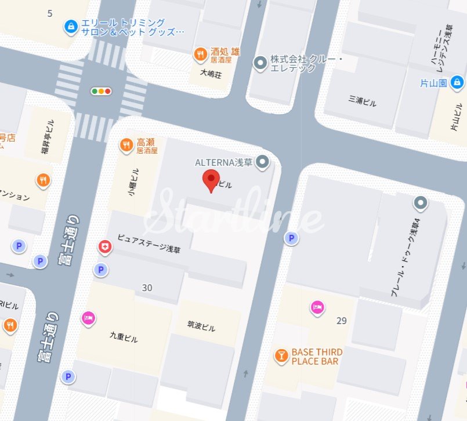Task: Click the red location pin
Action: [211, 180]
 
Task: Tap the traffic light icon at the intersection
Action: [101, 91]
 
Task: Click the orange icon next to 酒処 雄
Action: [200, 55]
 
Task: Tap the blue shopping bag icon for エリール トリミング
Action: [71, 27]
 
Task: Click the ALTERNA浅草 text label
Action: [223, 162]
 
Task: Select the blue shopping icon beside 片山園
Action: [458, 82]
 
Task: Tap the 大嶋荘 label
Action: [211, 74]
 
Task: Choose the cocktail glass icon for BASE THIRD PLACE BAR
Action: [281, 356]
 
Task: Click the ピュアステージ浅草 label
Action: [149, 244]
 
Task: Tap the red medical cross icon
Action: [105, 248]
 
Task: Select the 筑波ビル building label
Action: [201, 328]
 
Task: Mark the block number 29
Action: [341, 321]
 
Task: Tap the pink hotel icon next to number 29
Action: [317, 307]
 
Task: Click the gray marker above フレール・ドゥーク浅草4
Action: [420, 203]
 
